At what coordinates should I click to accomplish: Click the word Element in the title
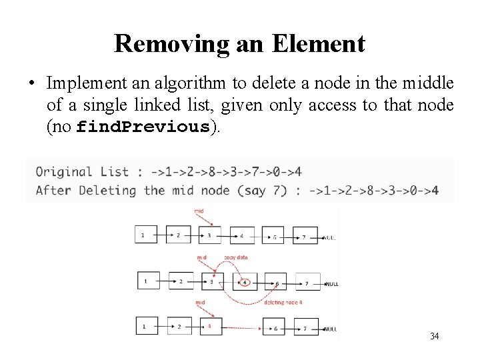[318, 44]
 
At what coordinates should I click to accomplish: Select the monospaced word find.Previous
[143, 127]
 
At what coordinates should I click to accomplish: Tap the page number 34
[434, 336]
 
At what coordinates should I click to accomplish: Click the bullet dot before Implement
[31, 84]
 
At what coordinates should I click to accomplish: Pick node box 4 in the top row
[241, 235]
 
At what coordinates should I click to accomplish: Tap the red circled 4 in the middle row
[245, 282]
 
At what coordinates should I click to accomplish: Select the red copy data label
[236, 257]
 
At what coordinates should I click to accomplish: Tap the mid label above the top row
[199, 211]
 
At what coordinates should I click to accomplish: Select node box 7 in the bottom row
[305, 328]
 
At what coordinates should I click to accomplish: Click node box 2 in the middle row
[180, 281]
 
